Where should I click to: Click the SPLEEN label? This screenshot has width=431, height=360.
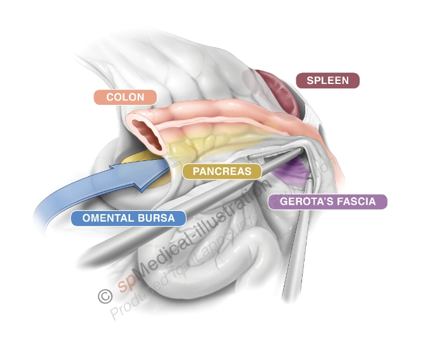click(x=327, y=81)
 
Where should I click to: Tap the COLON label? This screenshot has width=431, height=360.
click(x=125, y=97)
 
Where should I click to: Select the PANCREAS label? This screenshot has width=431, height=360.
click(x=222, y=171)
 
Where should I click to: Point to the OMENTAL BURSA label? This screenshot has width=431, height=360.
click(x=128, y=218)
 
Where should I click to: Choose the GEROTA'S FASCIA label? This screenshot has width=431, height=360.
click(x=327, y=202)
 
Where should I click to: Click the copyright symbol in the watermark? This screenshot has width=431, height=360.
click(x=104, y=296)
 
